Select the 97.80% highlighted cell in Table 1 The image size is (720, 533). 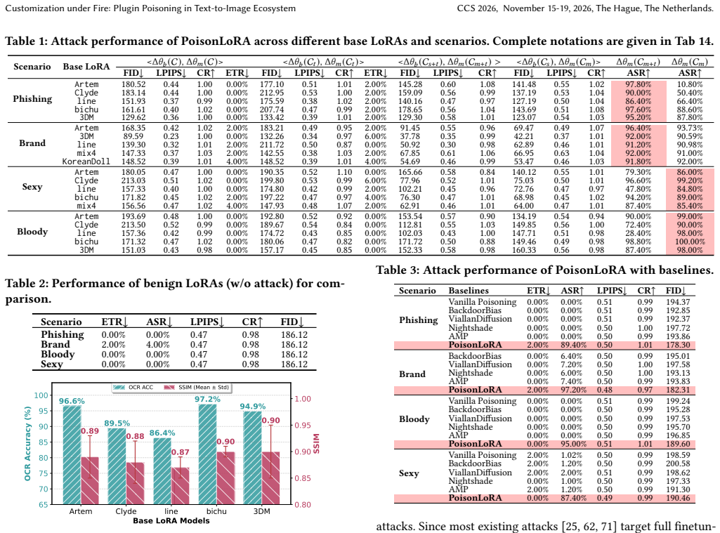point(639,84)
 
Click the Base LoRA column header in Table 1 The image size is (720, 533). point(86,67)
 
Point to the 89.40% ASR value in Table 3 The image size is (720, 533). point(573,345)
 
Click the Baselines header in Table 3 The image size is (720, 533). point(469,291)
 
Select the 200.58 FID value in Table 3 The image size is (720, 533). point(678,463)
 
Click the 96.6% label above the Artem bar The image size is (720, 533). point(72,401)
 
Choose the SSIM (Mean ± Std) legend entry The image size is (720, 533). point(197,387)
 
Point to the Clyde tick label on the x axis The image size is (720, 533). point(126,511)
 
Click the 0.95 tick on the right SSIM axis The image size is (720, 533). point(303,426)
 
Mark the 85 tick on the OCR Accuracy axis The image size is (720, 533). point(43,442)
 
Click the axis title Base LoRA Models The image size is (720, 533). point(171,520)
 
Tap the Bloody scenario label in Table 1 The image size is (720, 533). point(32,231)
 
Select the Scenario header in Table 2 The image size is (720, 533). point(61,322)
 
